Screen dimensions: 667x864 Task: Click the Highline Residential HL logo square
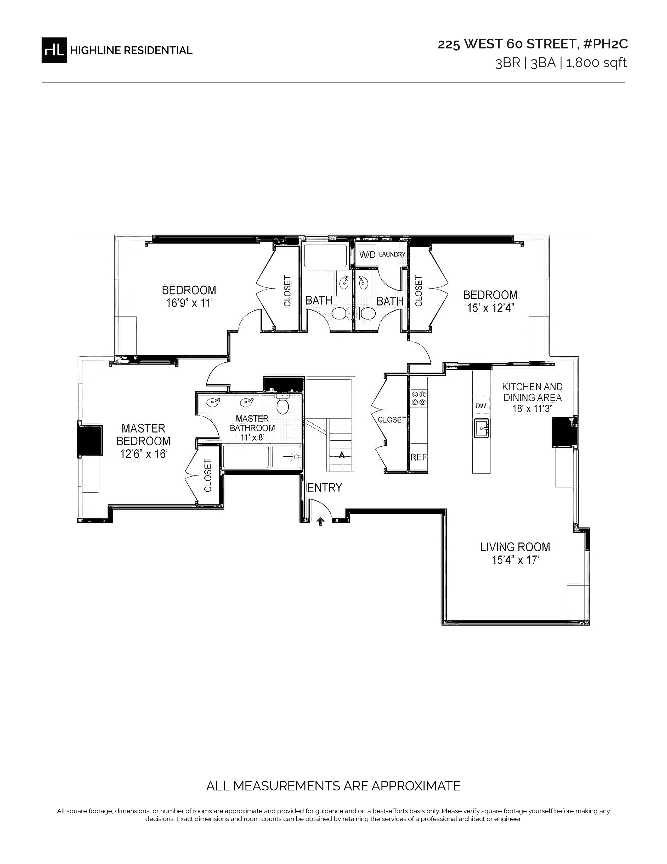pyautogui.click(x=54, y=50)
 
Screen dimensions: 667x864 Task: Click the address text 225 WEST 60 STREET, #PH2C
pyautogui.click(x=532, y=44)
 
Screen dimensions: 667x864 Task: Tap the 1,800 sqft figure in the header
pyautogui.click(x=596, y=63)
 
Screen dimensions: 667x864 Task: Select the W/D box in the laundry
pyautogui.click(x=367, y=255)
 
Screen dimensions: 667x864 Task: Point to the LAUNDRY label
pyautogui.click(x=392, y=254)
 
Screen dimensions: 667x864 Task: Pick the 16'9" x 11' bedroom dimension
pyautogui.click(x=189, y=303)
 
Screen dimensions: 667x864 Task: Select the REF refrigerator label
pyautogui.click(x=419, y=457)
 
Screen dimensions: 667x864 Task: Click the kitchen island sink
pyautogui.click(x=481, y=428)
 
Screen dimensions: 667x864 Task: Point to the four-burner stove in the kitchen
pyautogui.click(x=419, y=398)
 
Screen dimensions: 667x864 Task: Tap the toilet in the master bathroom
pyautogui.click(x=282, y=404)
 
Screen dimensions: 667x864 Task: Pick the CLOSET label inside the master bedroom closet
pyautogui.click(x=208, y=475)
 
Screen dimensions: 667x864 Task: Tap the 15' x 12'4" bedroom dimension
pyautogui.click(x=490, y=308)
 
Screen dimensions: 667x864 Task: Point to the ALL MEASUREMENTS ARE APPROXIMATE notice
pyautogui.click(x=334, y=786)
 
